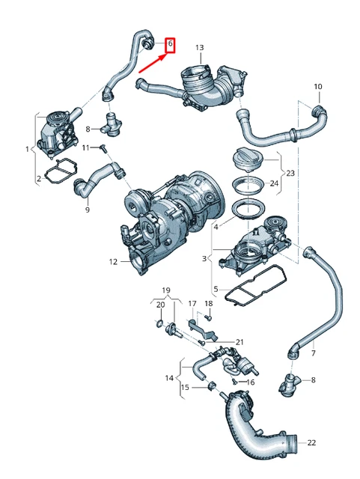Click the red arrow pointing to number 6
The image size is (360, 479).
pyautogui.click(x=152, y=62)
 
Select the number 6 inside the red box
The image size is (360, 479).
pyautogui.click(x=169, y=45)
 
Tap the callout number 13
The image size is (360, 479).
pyautogui.click(x=199, y=48)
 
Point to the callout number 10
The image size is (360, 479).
pyautogui.click(x=317, y=88)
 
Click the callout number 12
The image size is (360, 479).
pyautogui.click(x=113, y=262)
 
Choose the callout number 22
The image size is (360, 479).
pyautogui.click(x=311, y=443)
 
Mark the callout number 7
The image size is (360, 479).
pyautogui.click(x=313, y=353)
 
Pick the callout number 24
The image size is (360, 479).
pyautogui.click(x=274, y=183)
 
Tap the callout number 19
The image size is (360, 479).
pyautogui.click(x=167, y=290)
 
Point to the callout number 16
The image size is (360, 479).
pyautogui.click(x=251, y=382)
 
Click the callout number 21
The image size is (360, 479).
pyautogui.click(x=240, y=342)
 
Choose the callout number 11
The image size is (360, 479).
pyautogui.click(x=85, y=147)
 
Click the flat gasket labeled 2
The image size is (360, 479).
pyautogui.click(x=59, y=174)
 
